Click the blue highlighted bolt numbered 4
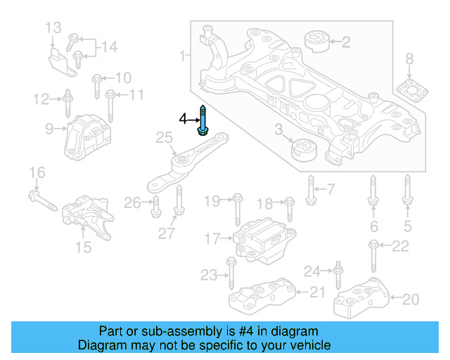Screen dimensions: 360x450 pos(203,122)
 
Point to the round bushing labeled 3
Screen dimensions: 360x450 pos(304,150)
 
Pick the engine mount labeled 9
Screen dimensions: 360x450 pos(84,137)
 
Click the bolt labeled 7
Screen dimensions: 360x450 pos(310,188)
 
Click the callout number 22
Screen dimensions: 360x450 pos(399,245)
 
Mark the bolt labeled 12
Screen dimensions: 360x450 pos(67,103)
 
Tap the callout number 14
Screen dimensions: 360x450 pos(108,47)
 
